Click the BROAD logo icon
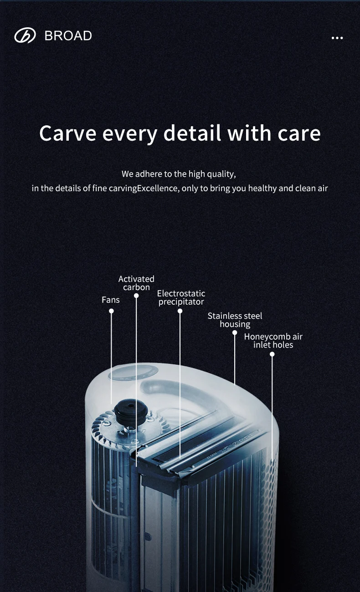click(25, 36)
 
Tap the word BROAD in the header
click(68, 36)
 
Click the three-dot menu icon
click(337, 38)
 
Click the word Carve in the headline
click(67, 133)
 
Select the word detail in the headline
click(192, 133)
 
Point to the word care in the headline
click(299, 133)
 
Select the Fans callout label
click(111, 300)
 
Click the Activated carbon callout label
click(136, 283)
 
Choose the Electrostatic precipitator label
click(181, 297)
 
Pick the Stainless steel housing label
click(235, 320)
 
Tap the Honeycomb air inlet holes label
click(273, 341)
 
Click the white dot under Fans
click(111, 311)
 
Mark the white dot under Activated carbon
click(136, 296)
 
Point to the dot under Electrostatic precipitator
click(180, 311)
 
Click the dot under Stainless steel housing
click(235, 332)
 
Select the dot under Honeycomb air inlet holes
click(272, 354)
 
